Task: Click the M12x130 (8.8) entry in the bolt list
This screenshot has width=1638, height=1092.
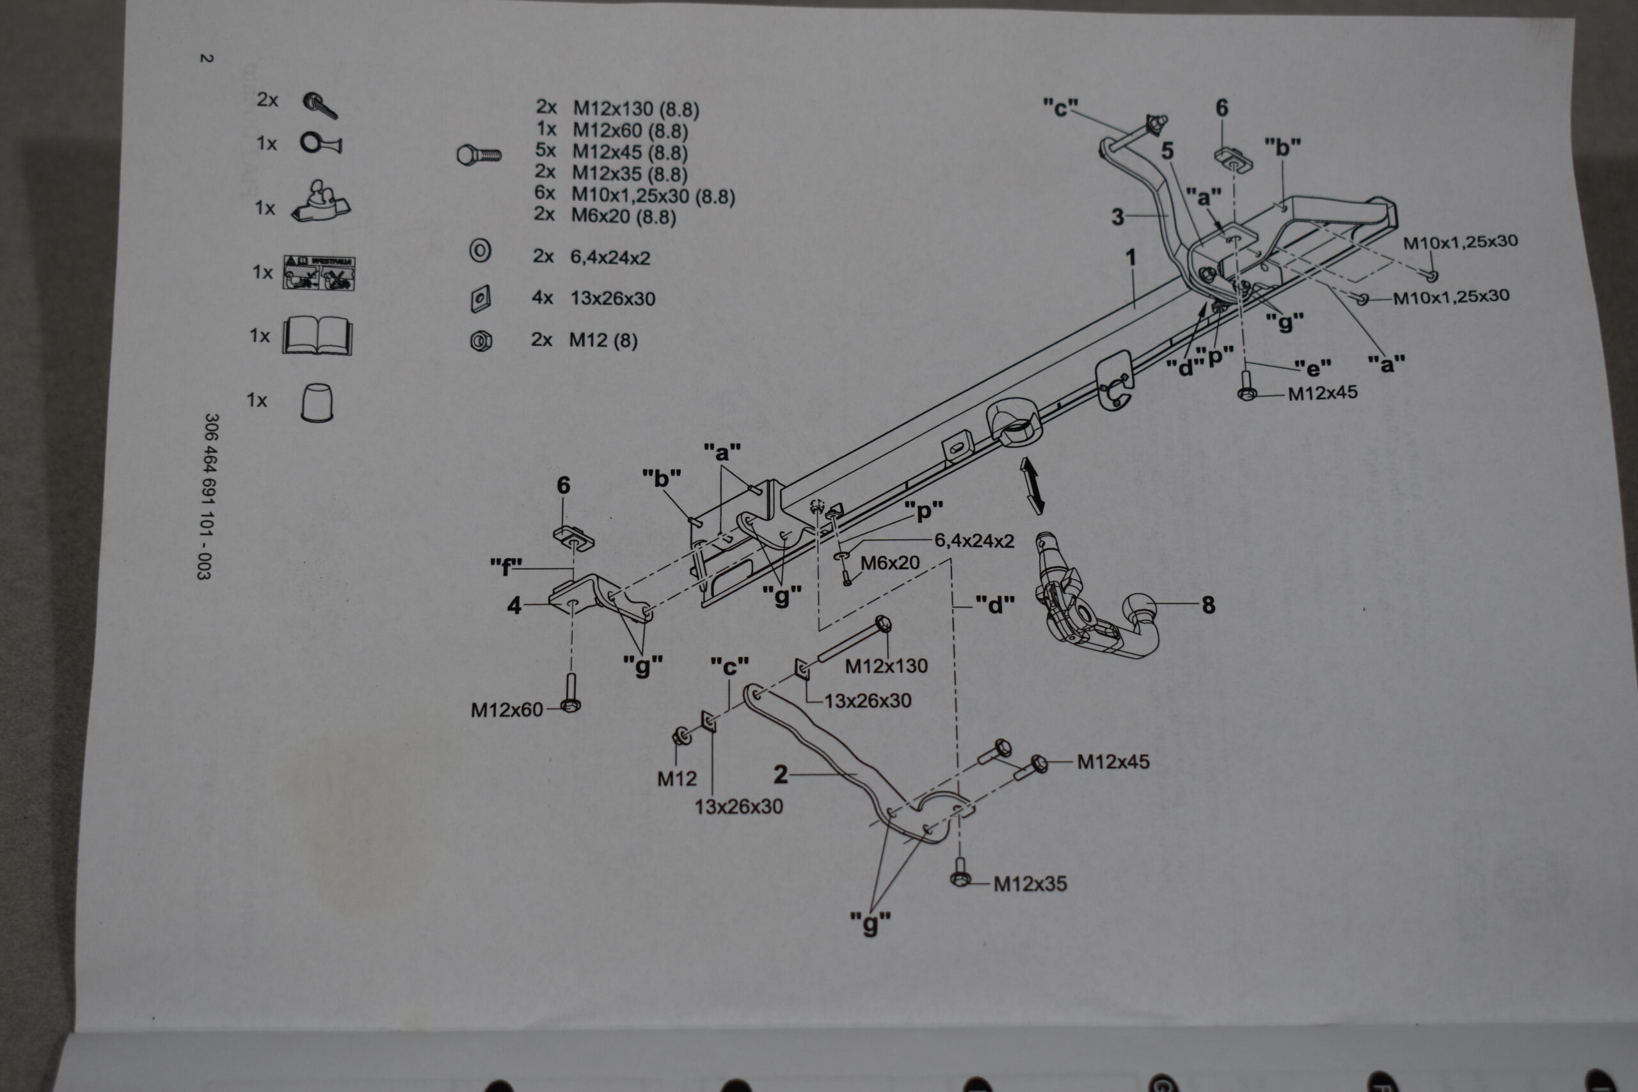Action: (x=635, y=109)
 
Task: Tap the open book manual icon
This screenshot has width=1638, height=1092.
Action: (x=317, y=336)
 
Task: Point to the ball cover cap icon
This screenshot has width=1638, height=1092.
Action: (x=316, y=401)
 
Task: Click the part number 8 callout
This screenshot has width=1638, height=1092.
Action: (x=1208, y=605)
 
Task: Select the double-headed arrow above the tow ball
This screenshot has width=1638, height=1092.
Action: (x=1032, y=486)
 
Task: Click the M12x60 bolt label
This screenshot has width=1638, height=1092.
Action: (x=506, y=709)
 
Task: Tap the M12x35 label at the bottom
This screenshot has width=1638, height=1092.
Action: (x=1030, y=883)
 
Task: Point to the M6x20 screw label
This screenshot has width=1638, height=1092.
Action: (x=890, y=563)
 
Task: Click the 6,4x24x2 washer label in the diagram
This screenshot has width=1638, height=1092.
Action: (x=974, y=541)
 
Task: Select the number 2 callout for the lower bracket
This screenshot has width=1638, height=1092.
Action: (x=781, y=773)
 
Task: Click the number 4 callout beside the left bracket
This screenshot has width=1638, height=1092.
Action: (x=514, y=605)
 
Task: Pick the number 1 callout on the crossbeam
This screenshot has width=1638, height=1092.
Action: (x=1131, y=258)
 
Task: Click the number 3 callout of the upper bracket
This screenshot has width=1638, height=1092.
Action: (x=1118, y=218)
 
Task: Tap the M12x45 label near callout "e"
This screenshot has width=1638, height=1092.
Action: (x=1322, y=393)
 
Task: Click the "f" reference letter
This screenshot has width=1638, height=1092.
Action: (x=505, y=567)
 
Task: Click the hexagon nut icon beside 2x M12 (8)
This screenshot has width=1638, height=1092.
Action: (x=481, y=340)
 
